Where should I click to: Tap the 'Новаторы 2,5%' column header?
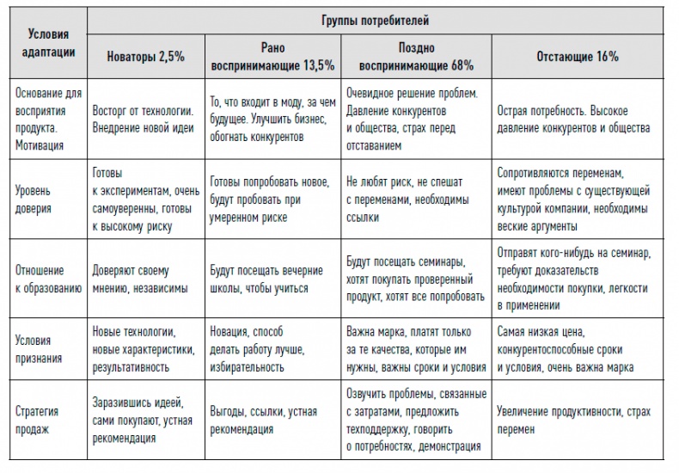point(144,56)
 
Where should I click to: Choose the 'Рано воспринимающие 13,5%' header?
point(272,56)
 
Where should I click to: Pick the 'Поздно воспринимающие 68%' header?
point(417,56)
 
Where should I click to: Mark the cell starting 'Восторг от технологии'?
point(143,120)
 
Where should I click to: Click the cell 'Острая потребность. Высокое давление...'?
point(573,120)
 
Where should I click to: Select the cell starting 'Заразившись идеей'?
point(140,421)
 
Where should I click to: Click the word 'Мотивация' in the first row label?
point(40,145)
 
